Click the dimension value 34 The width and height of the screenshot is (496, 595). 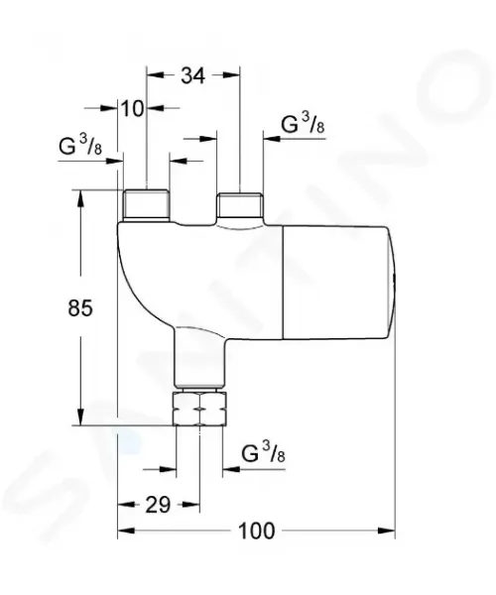click(x=192, y=75)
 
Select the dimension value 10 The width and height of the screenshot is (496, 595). click(x=133, y=109)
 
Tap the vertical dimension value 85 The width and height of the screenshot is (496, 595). click(x=80, y=307)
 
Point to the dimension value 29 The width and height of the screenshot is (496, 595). click(x=159, y=505)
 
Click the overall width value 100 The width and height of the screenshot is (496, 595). click(x=256, y=531)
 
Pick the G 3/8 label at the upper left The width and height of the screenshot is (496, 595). click(x=80, y=145)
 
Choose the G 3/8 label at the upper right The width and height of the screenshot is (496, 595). click(x=303, y=123)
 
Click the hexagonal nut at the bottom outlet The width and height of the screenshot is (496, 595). click(x=199, y=409)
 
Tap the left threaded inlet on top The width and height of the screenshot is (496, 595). click(x=146, y=205)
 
